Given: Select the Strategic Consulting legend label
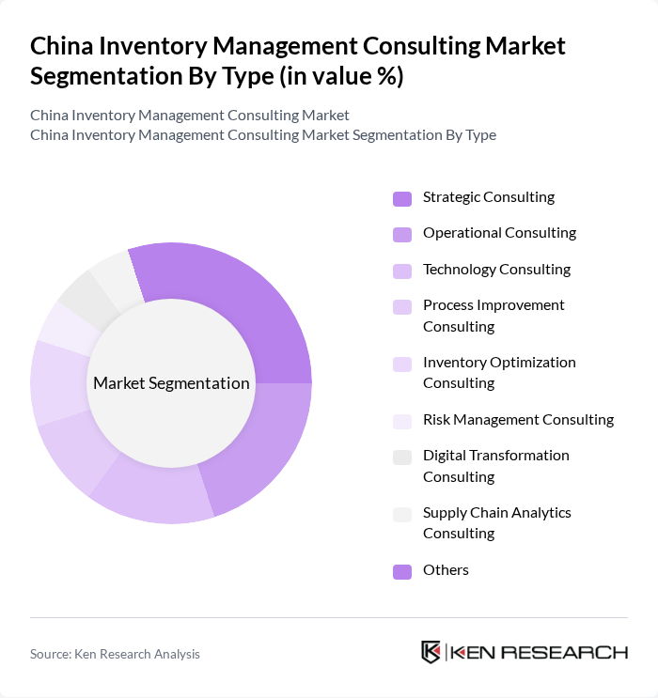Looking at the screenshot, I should coord(488,197).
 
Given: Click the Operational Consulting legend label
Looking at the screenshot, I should coord(499,233).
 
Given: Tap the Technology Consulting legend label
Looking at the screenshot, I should coord(496,270).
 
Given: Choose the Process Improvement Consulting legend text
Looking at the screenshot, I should coord(493,316).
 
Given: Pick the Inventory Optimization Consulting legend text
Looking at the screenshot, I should coord(499,373).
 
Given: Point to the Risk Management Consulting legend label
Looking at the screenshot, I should coord(518,420).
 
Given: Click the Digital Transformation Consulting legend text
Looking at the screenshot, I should coord(495,466).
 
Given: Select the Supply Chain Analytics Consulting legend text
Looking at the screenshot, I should coord(496,523).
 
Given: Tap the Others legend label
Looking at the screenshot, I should coord(446,570).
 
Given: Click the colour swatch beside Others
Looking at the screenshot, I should coord(402,571).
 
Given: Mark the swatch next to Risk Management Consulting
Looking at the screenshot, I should coord(402,421).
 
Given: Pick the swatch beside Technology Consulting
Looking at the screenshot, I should coord(402,271).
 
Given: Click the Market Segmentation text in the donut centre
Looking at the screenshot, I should coord(171,383).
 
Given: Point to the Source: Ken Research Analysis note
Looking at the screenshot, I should coord(115,654).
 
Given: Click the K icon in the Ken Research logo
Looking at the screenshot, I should coord(431,652).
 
